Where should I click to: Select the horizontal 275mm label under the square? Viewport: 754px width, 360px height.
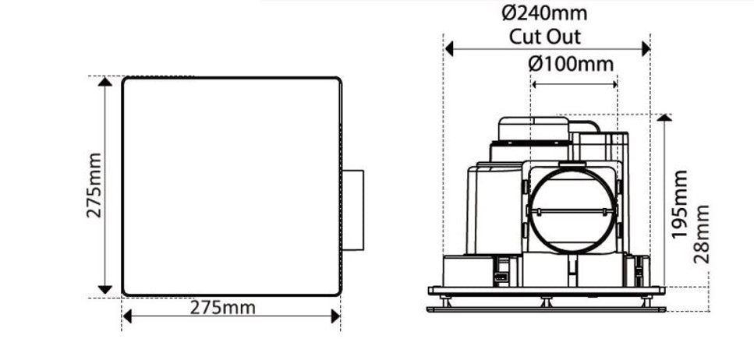pos(223,307)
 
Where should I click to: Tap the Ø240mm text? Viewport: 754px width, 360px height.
pos(544,13)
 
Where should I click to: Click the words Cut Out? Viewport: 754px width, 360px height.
pos(545,37)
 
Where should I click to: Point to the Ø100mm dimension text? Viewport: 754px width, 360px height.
pos(571,63)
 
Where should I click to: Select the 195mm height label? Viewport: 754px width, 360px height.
pos(680,204)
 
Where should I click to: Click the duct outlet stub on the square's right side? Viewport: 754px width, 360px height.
pos(352,210)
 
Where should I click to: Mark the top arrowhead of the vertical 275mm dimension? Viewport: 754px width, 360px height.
pos(106,83)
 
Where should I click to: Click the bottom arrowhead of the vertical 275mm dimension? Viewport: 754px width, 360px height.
pos(106,289)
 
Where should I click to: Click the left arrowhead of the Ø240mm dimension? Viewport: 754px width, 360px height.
pos(451,48)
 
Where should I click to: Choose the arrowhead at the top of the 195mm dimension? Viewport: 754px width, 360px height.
pos(664,118)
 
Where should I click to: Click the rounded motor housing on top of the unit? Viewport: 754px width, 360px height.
pos(534,130)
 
